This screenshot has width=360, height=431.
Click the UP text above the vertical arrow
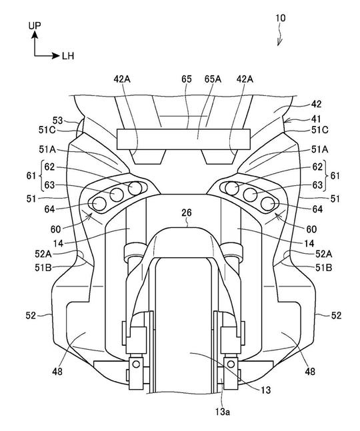(35, 25)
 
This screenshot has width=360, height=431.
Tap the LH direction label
(68, 56)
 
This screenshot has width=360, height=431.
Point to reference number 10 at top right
(281, 18)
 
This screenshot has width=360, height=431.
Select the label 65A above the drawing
(213, 79)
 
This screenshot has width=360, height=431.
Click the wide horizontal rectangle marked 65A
(184, 139)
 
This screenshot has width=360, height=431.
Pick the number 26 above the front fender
(187, 213)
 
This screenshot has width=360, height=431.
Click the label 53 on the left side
(58, 121)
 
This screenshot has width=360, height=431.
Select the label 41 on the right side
(316, 119)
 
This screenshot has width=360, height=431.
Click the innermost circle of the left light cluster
(135, 189)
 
